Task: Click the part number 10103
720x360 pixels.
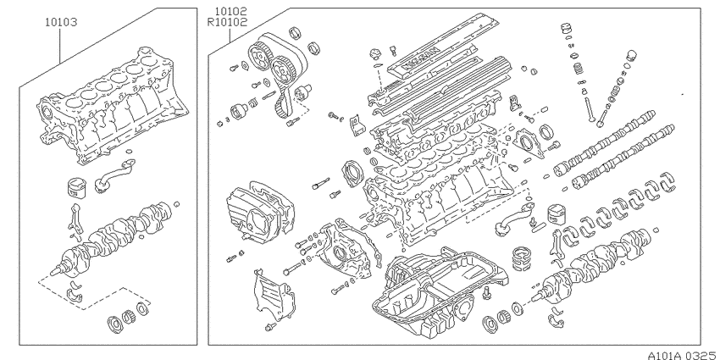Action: pyautogui.click(x=61, y=21)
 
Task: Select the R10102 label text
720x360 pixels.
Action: pyautogui.click(x=227, y=21)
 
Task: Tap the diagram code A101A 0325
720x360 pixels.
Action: pyautogui.click(x=684, y=355)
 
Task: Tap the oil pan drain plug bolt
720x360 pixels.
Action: pyautogui.click(x=487, y=292)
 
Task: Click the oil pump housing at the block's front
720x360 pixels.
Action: pyautogui.click(x=346, y=249)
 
